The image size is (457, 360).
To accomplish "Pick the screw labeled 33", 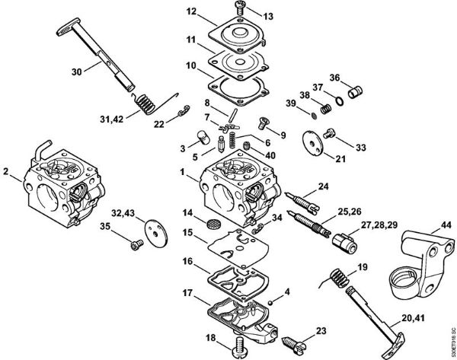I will (331, 134).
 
